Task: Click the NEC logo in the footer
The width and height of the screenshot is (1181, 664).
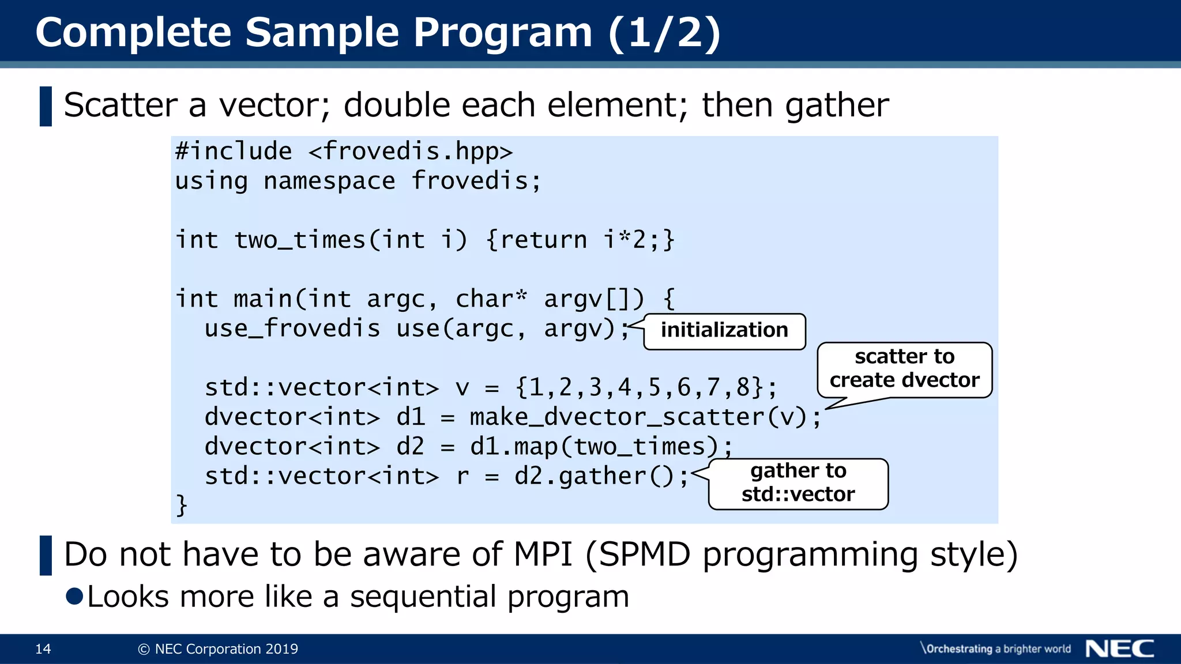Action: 1119,648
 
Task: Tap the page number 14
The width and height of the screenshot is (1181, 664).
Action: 43,649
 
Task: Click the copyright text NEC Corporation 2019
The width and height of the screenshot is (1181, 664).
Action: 219,649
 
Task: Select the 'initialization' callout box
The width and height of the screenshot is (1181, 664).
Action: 724,331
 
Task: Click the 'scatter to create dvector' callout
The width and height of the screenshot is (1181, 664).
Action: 904,369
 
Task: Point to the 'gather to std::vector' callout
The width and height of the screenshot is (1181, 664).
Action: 798,483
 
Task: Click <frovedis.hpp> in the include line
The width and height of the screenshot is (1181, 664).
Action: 410,152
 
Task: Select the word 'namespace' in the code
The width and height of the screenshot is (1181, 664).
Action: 329,182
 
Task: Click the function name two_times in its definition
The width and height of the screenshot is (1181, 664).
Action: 299,240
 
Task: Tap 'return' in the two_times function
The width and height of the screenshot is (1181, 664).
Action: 543,240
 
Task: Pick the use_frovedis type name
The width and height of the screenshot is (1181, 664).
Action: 292,329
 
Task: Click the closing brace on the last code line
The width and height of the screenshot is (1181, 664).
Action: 182,506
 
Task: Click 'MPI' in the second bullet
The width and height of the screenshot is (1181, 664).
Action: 543,554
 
